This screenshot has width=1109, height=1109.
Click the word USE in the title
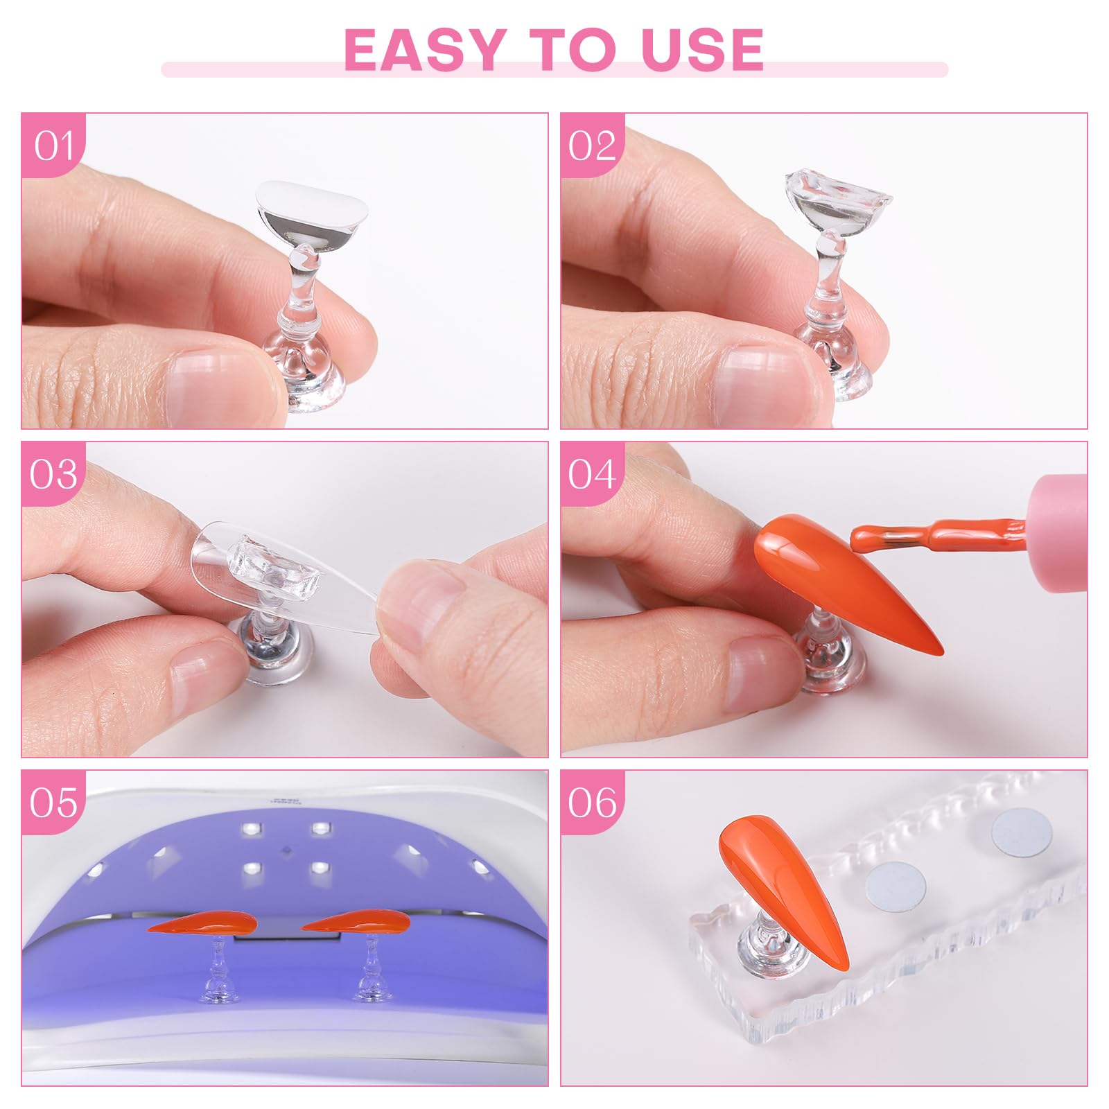point(703,49)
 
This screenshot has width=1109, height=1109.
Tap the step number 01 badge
point(53,146)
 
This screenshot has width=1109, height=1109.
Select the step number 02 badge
point(593,146)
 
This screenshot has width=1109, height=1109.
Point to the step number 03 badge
point(53,475)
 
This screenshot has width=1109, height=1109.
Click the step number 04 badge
point(593,475)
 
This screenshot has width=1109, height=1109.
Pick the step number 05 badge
point(53,803)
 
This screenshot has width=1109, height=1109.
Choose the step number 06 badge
point(593,803)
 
